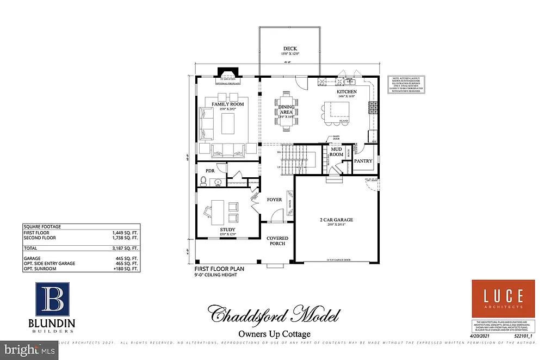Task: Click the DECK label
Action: point(289,48)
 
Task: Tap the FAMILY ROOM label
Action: point(227,104)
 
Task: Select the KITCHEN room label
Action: point(346,92)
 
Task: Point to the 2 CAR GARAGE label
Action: point(336,220)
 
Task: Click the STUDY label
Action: point(228,229)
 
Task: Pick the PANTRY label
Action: point(363,161)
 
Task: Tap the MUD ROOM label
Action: point(337,152)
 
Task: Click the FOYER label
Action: point(274,200)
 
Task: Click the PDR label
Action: point(210,171)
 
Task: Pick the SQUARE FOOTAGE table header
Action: point(42,226)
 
